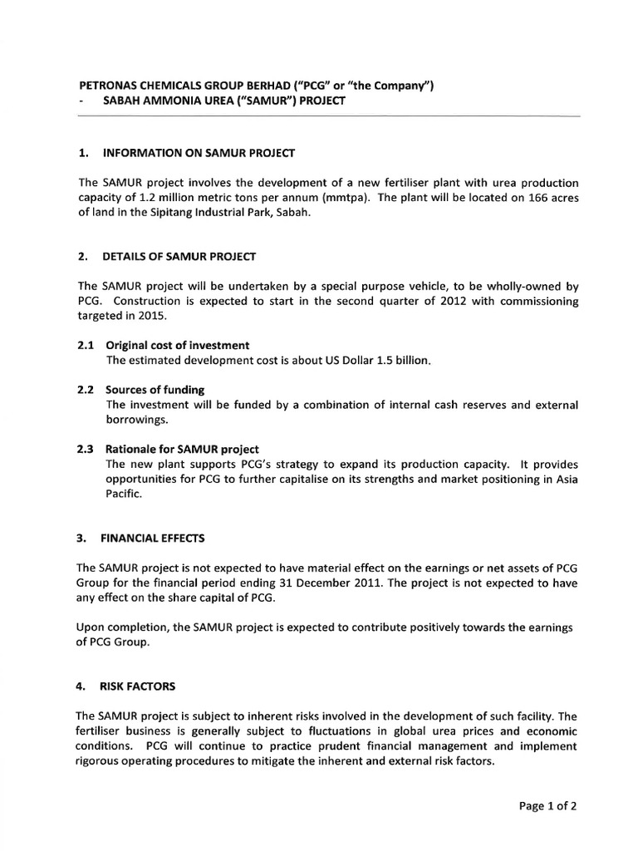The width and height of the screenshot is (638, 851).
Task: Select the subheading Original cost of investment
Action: click(x=178, y=345)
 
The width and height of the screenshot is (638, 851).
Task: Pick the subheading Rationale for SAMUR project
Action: click(x=183, y=449)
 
